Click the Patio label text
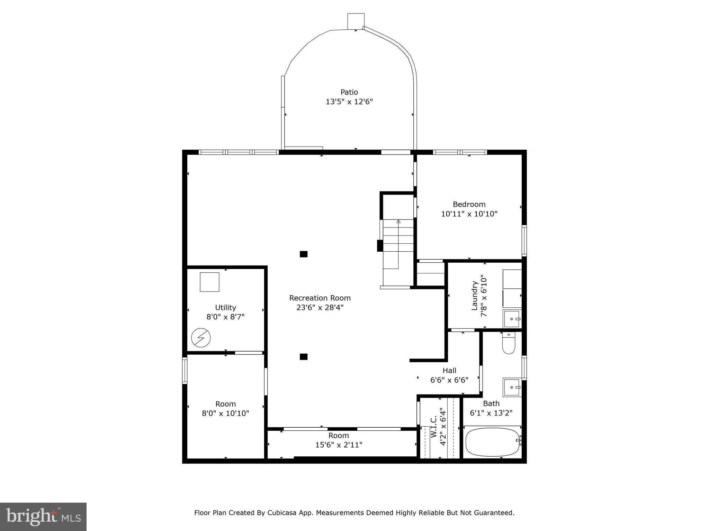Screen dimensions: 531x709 coord(349,92)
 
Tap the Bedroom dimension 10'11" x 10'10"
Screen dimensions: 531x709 coord(469,214)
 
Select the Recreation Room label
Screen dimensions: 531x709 coord(320,298)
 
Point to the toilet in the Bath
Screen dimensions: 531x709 coord(509,344)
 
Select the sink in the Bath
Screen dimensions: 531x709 coord(512,387)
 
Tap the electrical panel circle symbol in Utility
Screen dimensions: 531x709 coord(201,337)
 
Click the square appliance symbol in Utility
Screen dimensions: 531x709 coord(209,282)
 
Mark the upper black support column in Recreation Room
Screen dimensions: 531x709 coord(304,254)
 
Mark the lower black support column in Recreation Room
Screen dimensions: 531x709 coord(304,357)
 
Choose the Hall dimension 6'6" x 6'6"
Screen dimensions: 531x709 coord(449,380)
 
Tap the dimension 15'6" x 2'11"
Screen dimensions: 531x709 coord(339,445)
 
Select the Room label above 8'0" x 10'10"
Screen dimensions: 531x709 coord(225,404)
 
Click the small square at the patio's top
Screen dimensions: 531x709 coord(356,21)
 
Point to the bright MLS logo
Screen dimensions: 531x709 coord(43,516)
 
